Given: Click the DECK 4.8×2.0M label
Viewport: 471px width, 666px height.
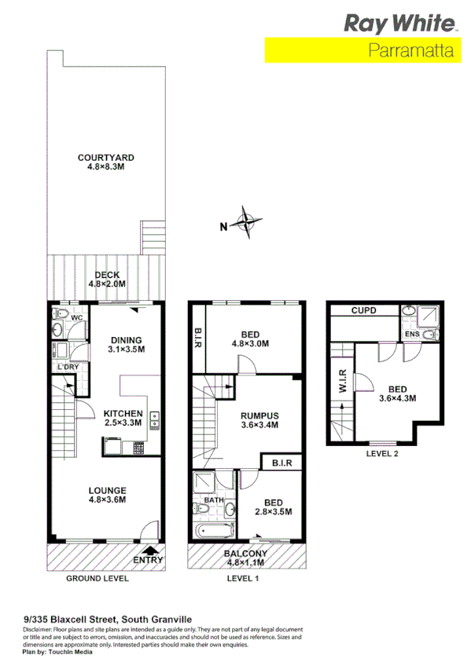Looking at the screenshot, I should coord(107,280).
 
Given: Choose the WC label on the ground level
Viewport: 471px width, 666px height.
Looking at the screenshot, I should coord(78,318).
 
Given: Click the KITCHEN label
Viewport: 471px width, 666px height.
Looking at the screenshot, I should coord(123,419).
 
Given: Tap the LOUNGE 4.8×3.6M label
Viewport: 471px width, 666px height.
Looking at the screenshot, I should coord(108,496).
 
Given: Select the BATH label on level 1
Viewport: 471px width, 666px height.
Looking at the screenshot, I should coord(213,499).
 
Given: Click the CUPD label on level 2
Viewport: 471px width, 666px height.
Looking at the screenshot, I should coord(363,312).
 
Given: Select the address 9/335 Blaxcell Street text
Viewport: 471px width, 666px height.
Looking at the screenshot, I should coord(107,619).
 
